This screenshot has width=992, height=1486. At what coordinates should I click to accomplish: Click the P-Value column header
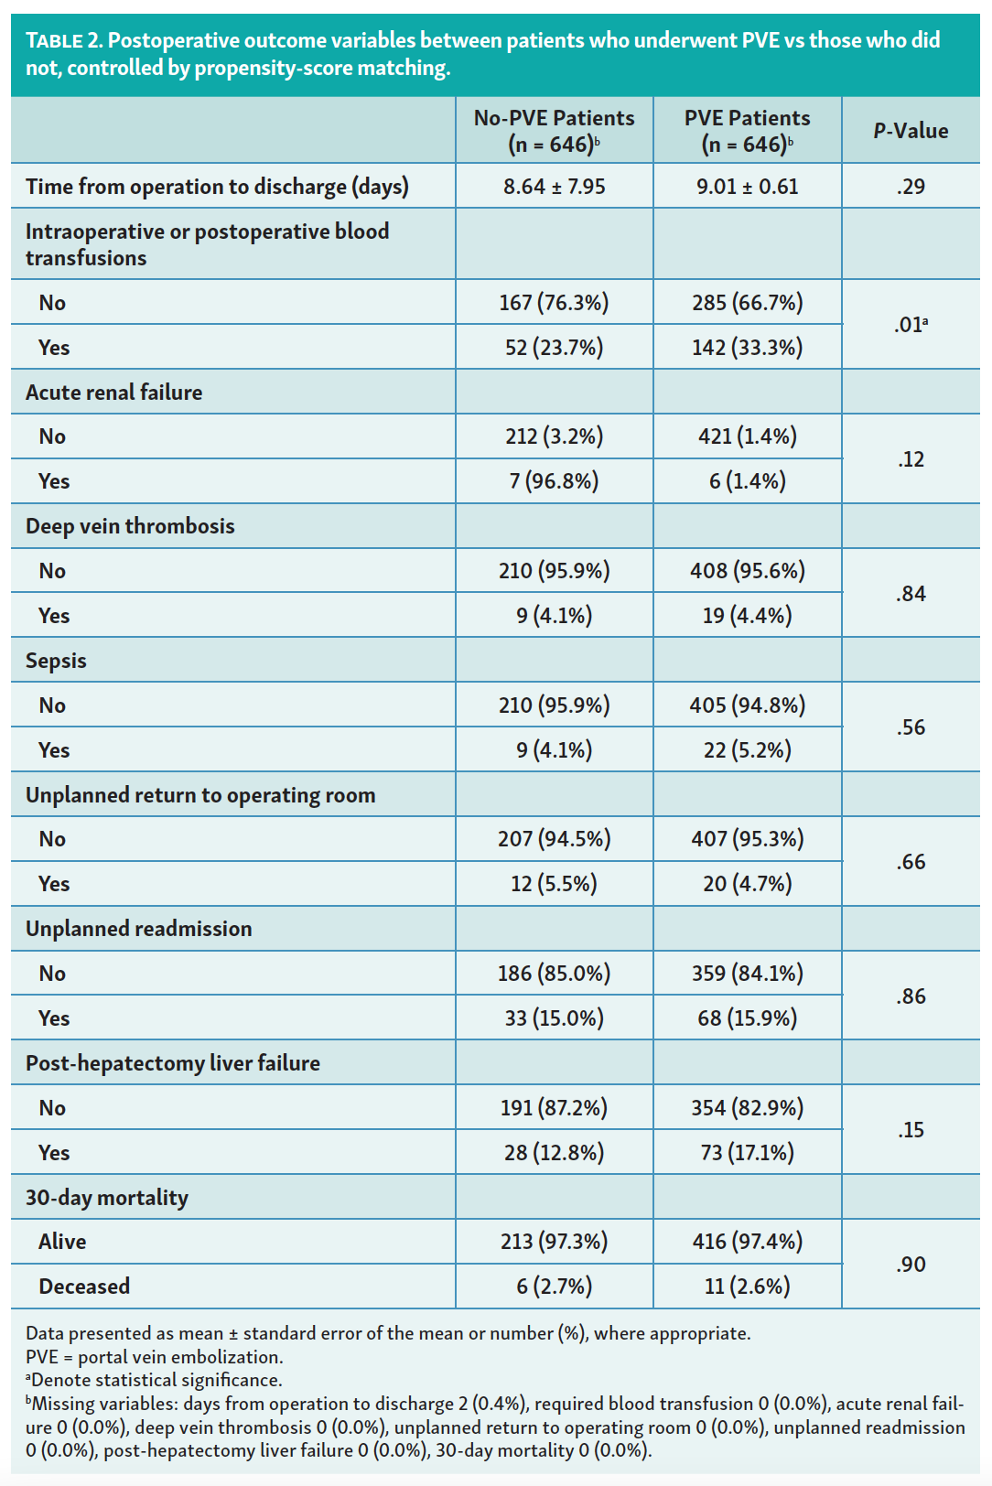pyautogui.click(x=911, y=131)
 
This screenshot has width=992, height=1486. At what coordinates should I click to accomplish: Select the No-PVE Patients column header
pyautogui.click(x=554, y=131)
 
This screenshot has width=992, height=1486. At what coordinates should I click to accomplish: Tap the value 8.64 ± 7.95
pyautogui.click(x=554, y=187)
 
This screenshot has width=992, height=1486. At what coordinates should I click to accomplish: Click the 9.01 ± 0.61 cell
pyautogui.click(x=747, y=187)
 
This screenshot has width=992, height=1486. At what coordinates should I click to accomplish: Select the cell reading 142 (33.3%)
pyautogui.click(x=747, y=348)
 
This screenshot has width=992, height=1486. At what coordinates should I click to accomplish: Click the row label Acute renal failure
pyautogui.click(x=114, y=393)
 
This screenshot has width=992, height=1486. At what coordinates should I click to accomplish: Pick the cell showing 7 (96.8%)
pyautogui.click(x=554, y=481)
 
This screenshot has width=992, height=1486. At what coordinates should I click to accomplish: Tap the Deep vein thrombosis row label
pyautogui.click(x=130, y=526)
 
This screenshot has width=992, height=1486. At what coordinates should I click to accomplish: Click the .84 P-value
pyautogui.click(x=911, y=594)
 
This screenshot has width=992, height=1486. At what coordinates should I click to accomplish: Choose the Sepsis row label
pyautogui.click(x=56, y=661)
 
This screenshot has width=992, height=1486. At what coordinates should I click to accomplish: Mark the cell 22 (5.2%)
pyautogui.click(x=747, y=750)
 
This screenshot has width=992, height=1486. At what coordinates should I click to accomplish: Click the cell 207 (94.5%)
pyautogui.click(x=554, y=839)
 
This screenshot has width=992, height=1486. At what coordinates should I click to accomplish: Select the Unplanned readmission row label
pyautogui.click(x=138, y=929)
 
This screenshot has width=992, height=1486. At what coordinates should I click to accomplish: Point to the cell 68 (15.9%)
pyautogui.click(x=747, y=1018)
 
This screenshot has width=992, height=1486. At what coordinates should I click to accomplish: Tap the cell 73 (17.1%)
pyautogui.click(x=747, y=1153)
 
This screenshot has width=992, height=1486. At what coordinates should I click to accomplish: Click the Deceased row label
pyautogui.click(x=84, y=1287)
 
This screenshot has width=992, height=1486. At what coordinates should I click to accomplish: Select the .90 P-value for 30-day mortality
pyautogui.click(x=911, y=1265)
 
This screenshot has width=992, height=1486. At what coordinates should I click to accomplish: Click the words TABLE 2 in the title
pyautogui.click(x=63, y=40)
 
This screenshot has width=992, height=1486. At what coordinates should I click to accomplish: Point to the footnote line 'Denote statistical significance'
pyautogui.click(x=156, y=1380)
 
